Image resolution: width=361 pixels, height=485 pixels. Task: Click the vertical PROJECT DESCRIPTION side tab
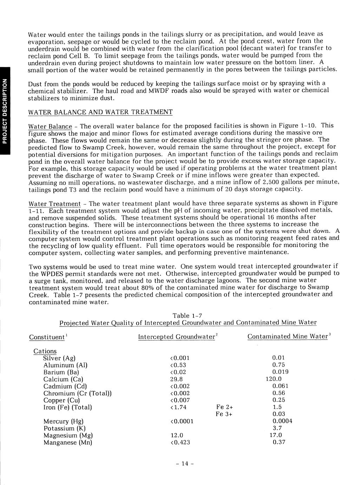pyautogui.click(x=5, y=111)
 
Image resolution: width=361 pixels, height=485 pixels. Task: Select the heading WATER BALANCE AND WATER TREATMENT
pyautogui.click(x=100, y=112)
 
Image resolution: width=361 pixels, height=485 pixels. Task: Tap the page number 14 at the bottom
pyautogui.click(x=185, y=464)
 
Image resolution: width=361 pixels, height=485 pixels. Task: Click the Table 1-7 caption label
pyautogui.click(x=188, y=315)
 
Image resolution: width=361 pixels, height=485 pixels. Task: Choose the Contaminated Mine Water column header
pyautogui.click(x=288, y=337)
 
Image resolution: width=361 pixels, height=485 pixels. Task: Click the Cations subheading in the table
pyautogui.click(x=45, y=351)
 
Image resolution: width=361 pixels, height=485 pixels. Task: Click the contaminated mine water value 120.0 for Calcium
pyautogui.click(x=274, y=379)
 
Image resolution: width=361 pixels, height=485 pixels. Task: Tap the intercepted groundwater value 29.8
pyautogui.click(x=176, y=379)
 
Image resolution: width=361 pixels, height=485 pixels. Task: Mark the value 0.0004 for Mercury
pyautogui.click(x=282, y=421)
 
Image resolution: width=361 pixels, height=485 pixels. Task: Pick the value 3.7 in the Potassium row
pyautogui.click(x=277, y=428)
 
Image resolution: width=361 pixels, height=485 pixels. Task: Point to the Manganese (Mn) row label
pyautogui.click(x=68, y=442)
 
